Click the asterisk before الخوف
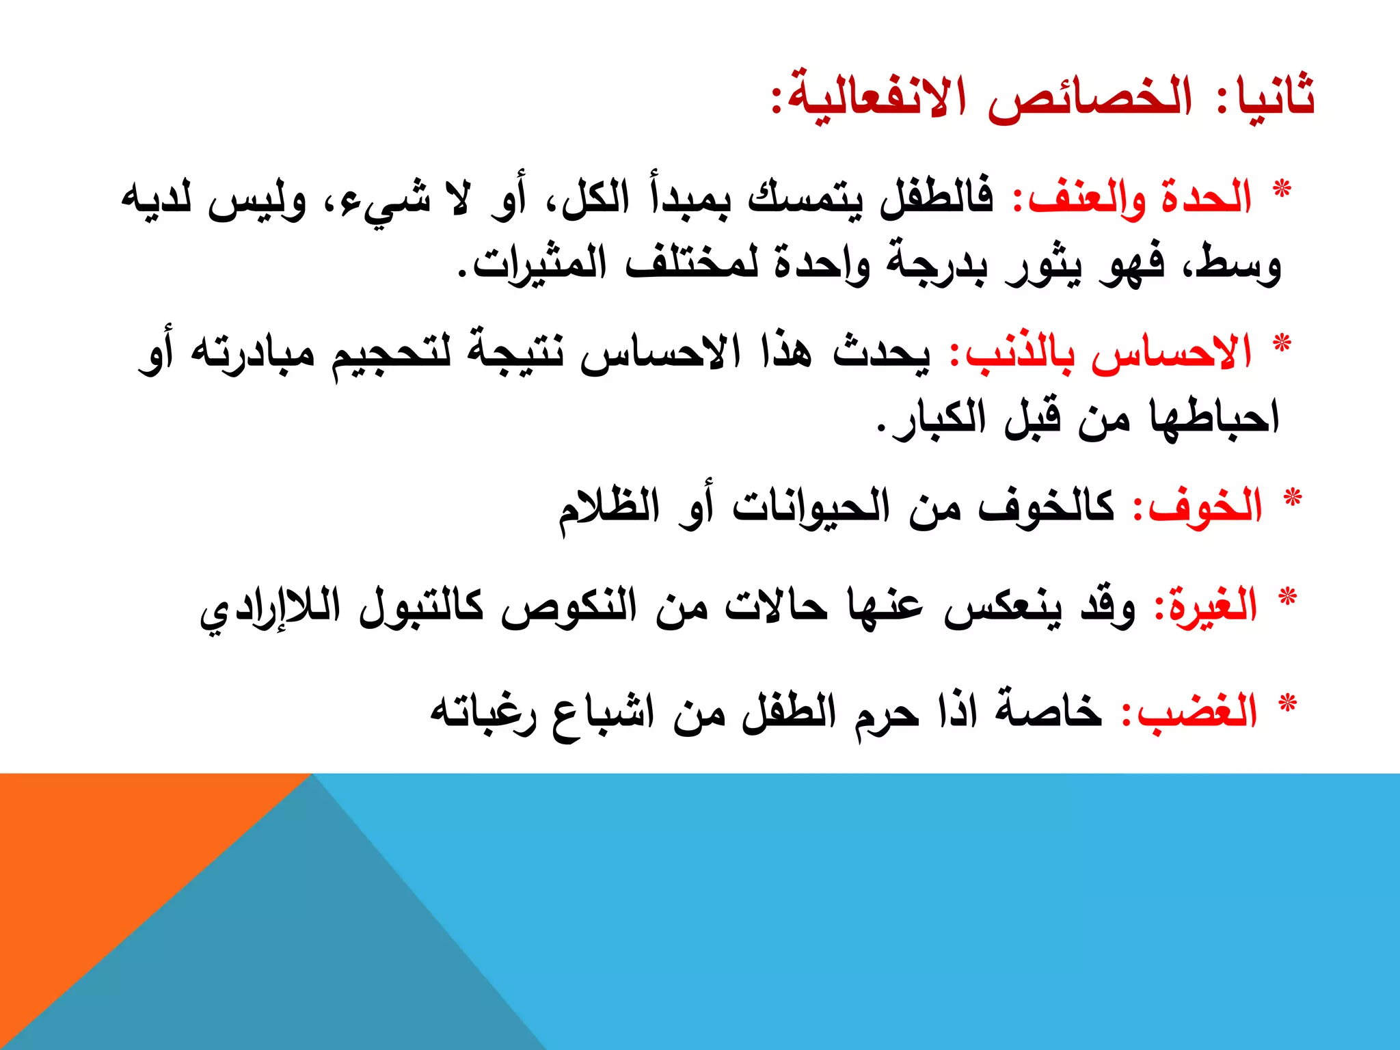click(x=1293, y=498)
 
